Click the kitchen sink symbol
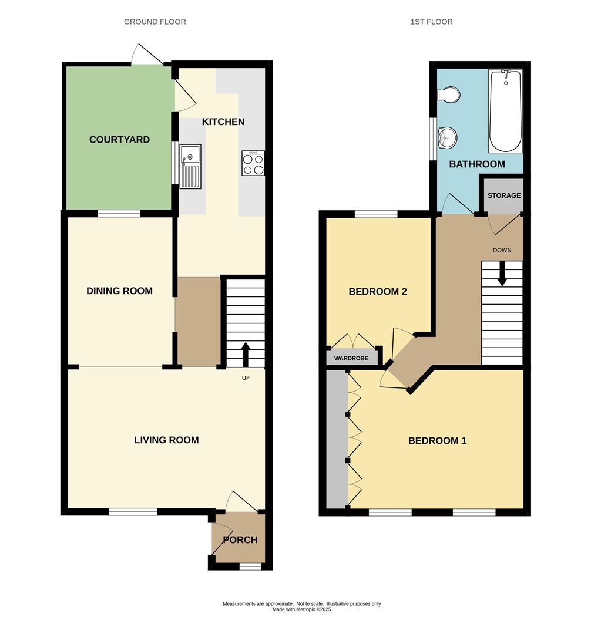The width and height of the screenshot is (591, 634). click(190, 167)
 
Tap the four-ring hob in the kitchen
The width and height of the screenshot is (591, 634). click(253, 163)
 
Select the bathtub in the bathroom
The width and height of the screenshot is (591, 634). click(505, 111)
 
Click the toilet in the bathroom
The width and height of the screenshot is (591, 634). click(449, 95)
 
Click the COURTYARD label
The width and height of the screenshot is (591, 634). click(119, 140)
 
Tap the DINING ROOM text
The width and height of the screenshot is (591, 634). click(119, 291)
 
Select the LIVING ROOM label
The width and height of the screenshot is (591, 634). click(166, 440)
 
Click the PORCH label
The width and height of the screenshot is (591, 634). click(240, 540)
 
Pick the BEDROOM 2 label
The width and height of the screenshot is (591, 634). click(378, 292)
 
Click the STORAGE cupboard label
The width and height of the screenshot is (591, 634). click(503, 195)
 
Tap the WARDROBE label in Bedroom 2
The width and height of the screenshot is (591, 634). click(351, 358)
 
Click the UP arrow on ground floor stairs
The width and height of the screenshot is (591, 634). click(245, 354)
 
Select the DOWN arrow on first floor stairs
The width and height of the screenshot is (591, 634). click(502, 275)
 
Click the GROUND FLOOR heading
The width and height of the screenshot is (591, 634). click(155, 22)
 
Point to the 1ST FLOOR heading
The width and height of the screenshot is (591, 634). click(431, 22)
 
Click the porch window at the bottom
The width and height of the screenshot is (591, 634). click(250, 566)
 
